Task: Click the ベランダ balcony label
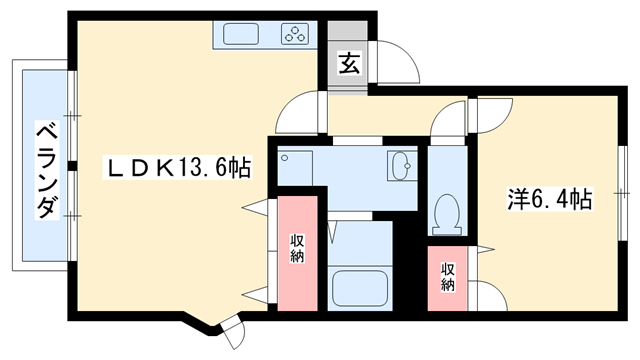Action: coord(45,171)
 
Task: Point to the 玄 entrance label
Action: coord(348,63)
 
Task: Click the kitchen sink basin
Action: coord(241,36)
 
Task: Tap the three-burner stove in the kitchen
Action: coord(295,36)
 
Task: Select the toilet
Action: coord(446,211)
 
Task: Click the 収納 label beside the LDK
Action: coord(297,249)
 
